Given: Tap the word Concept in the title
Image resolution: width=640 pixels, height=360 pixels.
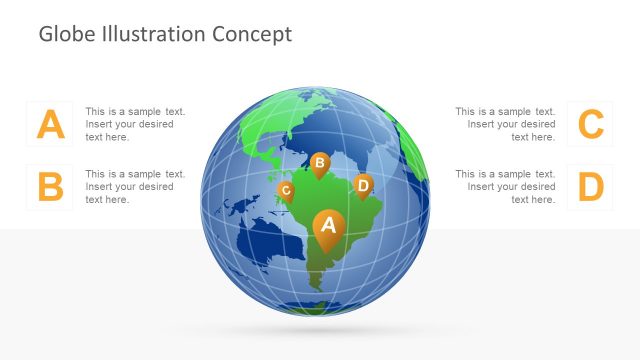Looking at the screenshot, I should [x=252, y=34].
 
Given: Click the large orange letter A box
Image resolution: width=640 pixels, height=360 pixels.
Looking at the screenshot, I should [x=50, y=124].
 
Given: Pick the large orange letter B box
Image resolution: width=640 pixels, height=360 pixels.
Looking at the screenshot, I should [x=50, y=187].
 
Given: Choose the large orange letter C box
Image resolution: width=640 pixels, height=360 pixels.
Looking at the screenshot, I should [x=591, y=124].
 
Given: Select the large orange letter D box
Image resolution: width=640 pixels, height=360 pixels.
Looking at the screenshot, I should [x=591, y=187].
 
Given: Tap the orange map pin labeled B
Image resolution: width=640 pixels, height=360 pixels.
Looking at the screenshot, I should [x=320, y=163].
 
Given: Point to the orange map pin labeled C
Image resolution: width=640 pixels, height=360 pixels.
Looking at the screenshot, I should [x=286, y=189].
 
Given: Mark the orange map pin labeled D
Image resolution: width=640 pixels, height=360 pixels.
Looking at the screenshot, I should [x=363, y=185].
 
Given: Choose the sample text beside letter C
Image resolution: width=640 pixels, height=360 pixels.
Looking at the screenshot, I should [x=505, y=124].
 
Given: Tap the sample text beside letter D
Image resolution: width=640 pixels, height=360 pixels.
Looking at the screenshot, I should [x=505, y=187].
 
